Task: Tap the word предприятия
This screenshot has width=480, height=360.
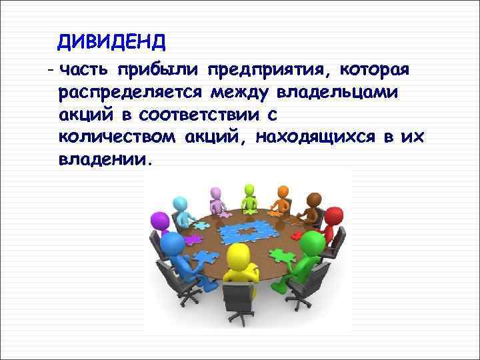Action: (269, 69)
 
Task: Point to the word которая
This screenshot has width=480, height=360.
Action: (376, 69)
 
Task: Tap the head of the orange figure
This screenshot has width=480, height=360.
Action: (283, 192)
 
